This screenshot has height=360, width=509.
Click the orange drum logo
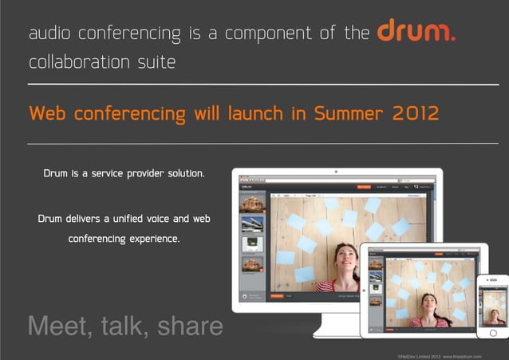click(416, 33)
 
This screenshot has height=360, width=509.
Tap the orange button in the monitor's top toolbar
click(364, 187)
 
